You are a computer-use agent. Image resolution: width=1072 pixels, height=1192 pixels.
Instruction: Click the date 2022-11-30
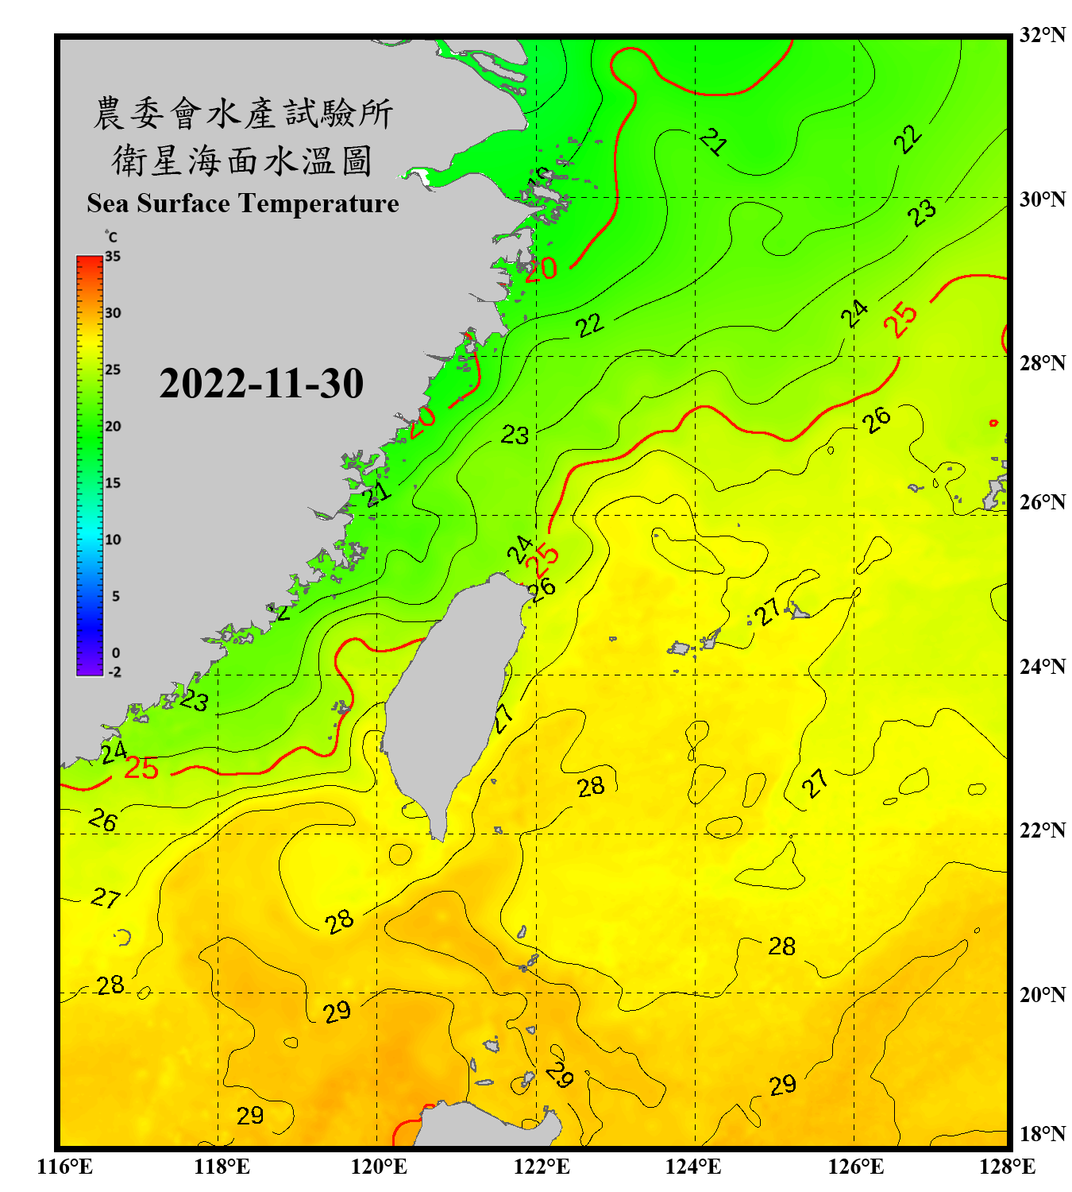click(x=261, y=384)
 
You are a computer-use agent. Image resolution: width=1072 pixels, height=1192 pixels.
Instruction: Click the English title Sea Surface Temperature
click(x=242, y=203)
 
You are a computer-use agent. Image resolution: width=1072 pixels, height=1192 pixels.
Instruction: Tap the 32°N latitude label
click(x=1042, y=35)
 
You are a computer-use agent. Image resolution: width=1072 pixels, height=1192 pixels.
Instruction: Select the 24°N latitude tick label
click(x=1042, y=666)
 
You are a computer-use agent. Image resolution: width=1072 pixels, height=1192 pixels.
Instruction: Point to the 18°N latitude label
click(x=1042, y=1134)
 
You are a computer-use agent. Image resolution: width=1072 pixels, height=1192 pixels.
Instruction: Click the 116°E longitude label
click(x=65, y=1167)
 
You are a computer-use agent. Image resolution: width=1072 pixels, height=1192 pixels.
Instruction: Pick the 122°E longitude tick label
click(x=542, y=1167)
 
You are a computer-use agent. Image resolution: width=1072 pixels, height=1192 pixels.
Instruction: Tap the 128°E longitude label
click(x=1007, y=1167)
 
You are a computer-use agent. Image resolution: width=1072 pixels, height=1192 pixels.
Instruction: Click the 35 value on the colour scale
click(x=113, y=257)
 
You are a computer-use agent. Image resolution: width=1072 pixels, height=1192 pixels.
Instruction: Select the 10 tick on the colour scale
click(x=113, y=540)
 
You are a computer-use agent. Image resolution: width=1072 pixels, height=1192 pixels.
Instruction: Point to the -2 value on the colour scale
click(x=114, y=672)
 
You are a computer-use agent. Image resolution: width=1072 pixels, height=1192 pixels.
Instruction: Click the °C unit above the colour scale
click(x=111, y=237)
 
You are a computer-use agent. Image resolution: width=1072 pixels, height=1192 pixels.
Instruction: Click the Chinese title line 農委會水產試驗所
click(x=242, y=114)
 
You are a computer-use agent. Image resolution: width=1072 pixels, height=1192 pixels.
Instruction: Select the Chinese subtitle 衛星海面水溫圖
click(x=242, y=161)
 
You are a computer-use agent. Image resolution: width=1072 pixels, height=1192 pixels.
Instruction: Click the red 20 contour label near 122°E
click(x=541, y=269)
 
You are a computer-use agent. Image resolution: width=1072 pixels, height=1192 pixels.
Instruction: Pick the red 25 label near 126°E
click(x=901, y=320)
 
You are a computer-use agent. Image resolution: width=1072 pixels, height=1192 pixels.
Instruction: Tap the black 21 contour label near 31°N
click(x=713, y=142)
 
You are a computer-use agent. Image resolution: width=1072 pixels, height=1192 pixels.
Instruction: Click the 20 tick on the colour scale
click(x=113, y=427)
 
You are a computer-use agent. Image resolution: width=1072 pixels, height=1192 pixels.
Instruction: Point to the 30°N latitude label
click(x=1042, y=199)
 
